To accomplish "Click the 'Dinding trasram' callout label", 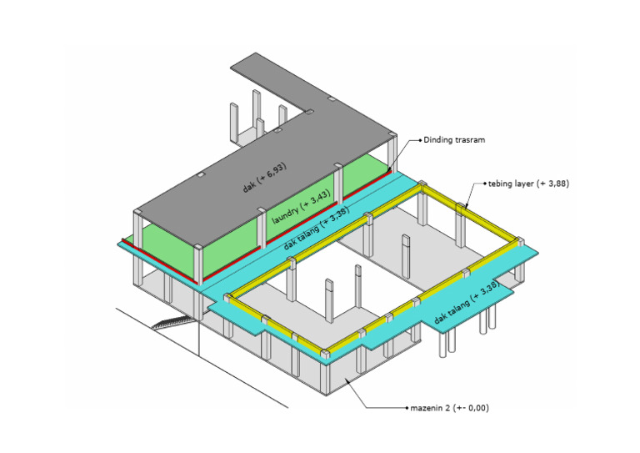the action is (x=454, y=140).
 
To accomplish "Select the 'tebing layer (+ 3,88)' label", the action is (x=528, y=184).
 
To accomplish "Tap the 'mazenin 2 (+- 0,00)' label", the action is (x=449, y=408).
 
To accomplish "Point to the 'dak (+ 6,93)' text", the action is (x=265, y=178).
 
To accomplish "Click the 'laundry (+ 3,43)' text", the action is (x=302, y=206).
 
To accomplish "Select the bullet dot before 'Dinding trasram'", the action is (x=420, y=140).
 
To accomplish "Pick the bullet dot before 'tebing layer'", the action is (x=485, y=184).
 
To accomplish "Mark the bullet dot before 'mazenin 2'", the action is (x=407, y=408).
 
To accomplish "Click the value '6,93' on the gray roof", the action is (x=277, y=171).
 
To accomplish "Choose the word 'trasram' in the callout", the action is (x=471, y=140).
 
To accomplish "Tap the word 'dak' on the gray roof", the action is (x=249, y=187).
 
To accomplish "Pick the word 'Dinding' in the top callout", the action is (x=439, y=140).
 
